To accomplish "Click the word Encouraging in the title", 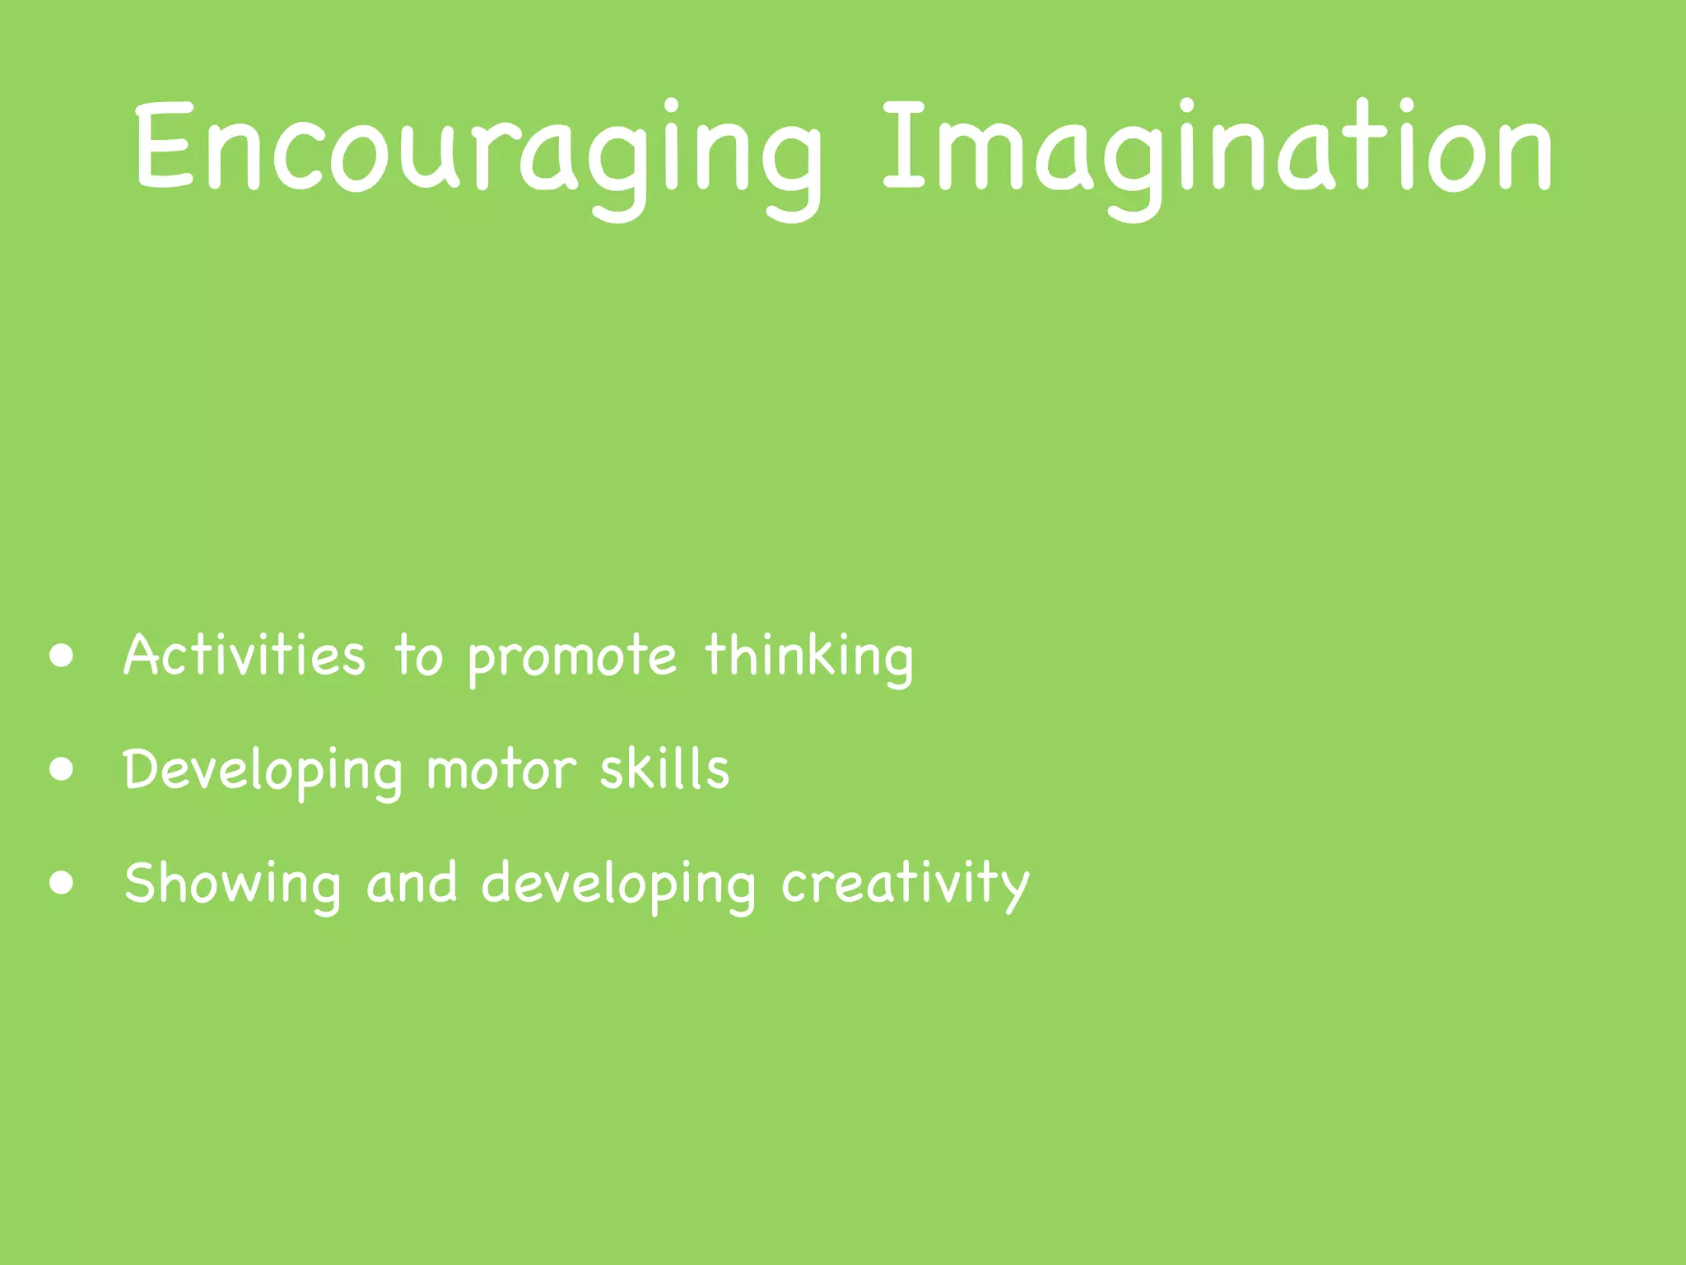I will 477,152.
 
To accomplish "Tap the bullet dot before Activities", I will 62,656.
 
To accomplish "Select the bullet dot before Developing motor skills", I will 62,770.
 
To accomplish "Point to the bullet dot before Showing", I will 62,884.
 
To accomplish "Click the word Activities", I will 244,656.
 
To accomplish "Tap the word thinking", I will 808,657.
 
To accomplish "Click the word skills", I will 664,769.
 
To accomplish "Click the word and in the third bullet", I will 412,883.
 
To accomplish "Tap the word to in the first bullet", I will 418,657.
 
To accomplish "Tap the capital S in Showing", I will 142,883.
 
